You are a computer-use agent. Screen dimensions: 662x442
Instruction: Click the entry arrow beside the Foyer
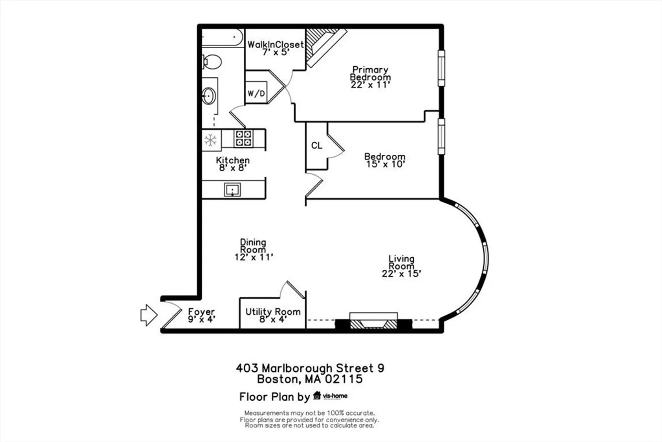[149, 316]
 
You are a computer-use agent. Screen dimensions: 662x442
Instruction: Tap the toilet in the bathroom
[212, 62]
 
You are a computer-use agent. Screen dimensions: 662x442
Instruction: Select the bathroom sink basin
[209, 96]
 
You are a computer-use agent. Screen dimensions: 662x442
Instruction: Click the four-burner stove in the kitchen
[244, 138]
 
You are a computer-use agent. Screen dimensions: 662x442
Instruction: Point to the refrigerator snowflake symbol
[211, 140]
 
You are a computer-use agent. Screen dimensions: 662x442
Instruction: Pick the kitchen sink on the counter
[232, 189]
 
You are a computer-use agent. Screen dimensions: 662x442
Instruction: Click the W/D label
[256, 93]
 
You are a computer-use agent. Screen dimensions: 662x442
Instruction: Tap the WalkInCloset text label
[276, 45]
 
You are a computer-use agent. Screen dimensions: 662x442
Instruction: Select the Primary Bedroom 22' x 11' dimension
[370, 85]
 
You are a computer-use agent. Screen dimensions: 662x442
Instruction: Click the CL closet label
[316, 146]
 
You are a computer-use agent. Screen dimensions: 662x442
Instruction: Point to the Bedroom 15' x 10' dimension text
[385, 164]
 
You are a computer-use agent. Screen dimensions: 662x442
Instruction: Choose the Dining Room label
[253, 246]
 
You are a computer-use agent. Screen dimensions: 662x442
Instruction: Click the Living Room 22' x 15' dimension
[402, 274]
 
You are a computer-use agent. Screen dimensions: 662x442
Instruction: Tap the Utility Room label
[273, 312]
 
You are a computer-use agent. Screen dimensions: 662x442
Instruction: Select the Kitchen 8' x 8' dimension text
[233, 168]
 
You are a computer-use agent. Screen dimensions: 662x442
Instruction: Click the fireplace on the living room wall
[374, 321]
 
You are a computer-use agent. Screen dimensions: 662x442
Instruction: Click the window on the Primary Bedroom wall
[441, 68]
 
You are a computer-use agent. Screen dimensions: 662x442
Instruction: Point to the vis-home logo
[330, 396]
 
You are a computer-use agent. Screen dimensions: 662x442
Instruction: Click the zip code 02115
[344, 379]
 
